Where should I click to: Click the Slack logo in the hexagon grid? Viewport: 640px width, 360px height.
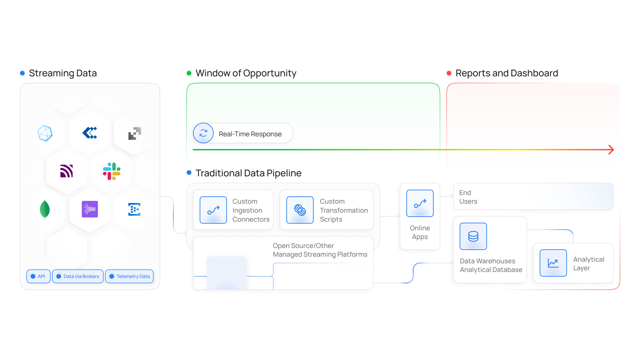tap(112, 171)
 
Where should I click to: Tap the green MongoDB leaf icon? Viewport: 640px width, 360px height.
tap(45, 210)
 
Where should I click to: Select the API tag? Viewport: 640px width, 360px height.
tap(38, 276)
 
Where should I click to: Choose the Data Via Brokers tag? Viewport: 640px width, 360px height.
tap(78, 276)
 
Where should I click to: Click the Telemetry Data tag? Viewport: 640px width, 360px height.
tap(129, 276)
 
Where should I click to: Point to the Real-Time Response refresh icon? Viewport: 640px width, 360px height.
tap(203, 133)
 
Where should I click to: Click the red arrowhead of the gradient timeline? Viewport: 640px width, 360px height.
tap(611, 150)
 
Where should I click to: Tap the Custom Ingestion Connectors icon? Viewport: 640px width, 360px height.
tap(213, 210)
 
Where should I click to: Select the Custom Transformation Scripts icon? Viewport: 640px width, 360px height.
tap(300, 210)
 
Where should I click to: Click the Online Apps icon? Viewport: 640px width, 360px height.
tap(420, 203)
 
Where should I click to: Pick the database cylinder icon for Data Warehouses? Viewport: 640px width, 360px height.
tap(473, 236)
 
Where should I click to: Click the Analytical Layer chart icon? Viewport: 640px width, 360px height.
tap(553, 263)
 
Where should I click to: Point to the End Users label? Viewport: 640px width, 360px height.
tap(468, 197)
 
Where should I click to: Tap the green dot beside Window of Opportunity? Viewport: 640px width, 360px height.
tap(189, 73)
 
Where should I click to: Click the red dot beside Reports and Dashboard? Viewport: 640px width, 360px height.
tap(449, 73)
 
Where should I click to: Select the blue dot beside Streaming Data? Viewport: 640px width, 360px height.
tap(22, 73)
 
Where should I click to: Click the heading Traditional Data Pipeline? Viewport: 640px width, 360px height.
tap(248, 173)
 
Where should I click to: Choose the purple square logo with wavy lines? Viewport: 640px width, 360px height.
tap(90, 209)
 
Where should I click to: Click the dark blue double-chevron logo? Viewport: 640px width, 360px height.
tap(90, 133)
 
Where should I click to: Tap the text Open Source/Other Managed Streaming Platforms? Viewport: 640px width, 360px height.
tap(320, 250)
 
